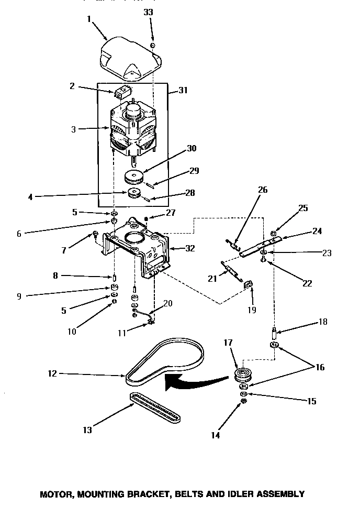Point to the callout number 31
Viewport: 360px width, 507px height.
(183, 90)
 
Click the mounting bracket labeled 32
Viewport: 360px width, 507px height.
(139, 244)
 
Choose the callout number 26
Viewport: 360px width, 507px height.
(263, 190)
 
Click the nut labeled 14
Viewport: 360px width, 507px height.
(243, 401)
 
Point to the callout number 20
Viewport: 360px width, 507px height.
(167, 303)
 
